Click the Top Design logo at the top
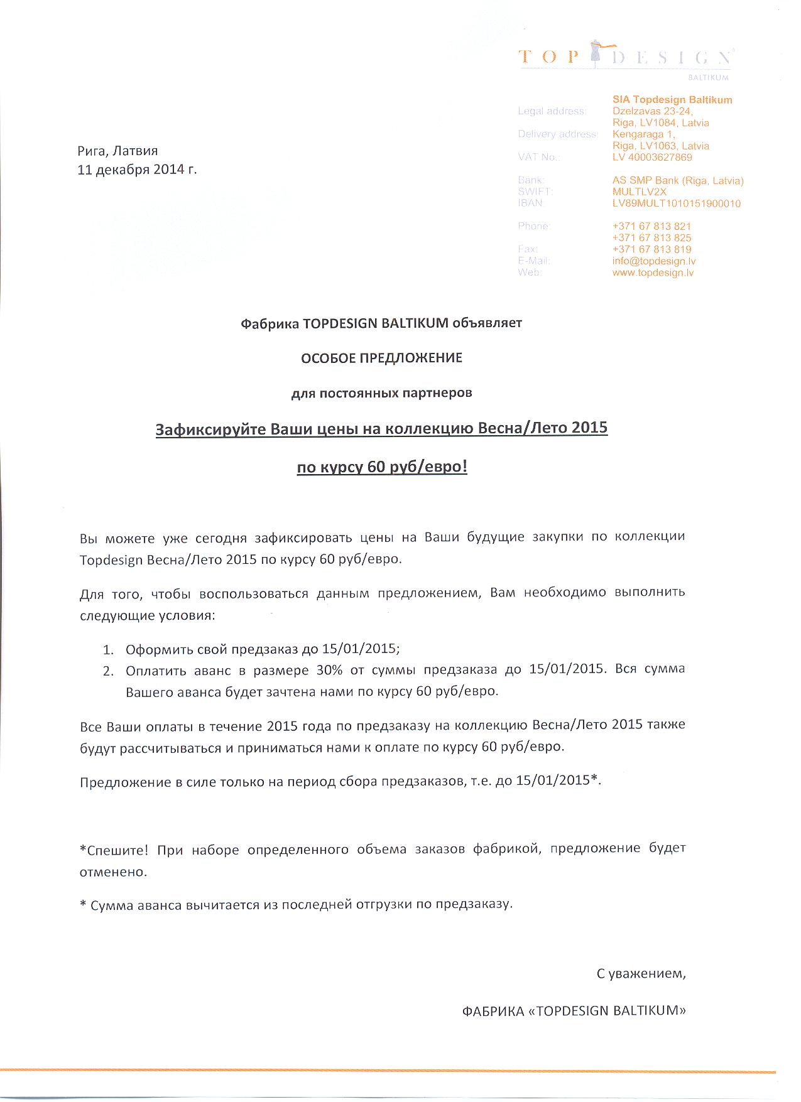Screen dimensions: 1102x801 [x=625, y=58]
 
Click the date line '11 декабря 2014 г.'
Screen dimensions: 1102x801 [x=137, y=170]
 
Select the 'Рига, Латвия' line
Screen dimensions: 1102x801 [x=117, y=151]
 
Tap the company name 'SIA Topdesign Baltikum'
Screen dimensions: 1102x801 [x=672, y=100]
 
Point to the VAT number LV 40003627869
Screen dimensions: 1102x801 [x=652, y=158]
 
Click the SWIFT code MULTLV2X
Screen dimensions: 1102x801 [x=640, y=192]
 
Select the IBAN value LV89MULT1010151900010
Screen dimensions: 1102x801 [x=676, y=203]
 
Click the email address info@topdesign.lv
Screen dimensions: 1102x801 [x=653, y=261]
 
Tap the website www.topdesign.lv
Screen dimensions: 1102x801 [x=653, y=273]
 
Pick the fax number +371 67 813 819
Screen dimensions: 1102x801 [x=651, y=249]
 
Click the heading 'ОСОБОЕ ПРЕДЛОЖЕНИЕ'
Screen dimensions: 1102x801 [x=381, y=358]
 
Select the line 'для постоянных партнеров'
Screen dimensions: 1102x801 [x=381, y=393]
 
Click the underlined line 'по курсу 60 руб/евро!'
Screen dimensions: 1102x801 [x=382, y=467]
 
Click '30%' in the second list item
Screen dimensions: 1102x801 [x=329, y=669]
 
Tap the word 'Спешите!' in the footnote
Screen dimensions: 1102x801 [x=114, y=850]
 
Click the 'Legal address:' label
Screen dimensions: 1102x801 [x=552, y=112]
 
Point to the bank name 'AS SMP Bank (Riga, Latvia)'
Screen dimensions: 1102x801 [x=677, y=181]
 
